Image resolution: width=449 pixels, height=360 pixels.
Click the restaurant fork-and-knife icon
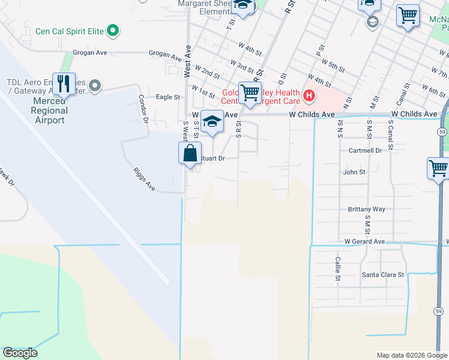point(64,83)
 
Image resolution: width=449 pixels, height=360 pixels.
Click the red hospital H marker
point(309,95)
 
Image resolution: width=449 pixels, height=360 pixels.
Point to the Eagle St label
point(168,97)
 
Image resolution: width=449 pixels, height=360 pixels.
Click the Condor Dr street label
point(143,108)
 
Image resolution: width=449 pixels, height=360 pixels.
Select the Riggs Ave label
point(145,179)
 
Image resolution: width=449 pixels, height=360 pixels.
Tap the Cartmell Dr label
point(365,151)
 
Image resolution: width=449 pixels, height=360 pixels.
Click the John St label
point(354,172)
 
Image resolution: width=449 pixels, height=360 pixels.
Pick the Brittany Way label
point(366,209)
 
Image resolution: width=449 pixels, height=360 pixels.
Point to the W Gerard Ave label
point(364,241)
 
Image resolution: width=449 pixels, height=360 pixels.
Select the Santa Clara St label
point(384,275)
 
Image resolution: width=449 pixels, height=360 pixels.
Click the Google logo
point(20,353)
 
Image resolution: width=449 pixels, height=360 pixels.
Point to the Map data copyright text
point(412,355)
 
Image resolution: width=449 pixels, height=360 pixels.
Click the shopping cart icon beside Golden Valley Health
point(250,93)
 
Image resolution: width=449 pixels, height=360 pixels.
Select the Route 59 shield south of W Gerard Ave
point(439,311)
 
